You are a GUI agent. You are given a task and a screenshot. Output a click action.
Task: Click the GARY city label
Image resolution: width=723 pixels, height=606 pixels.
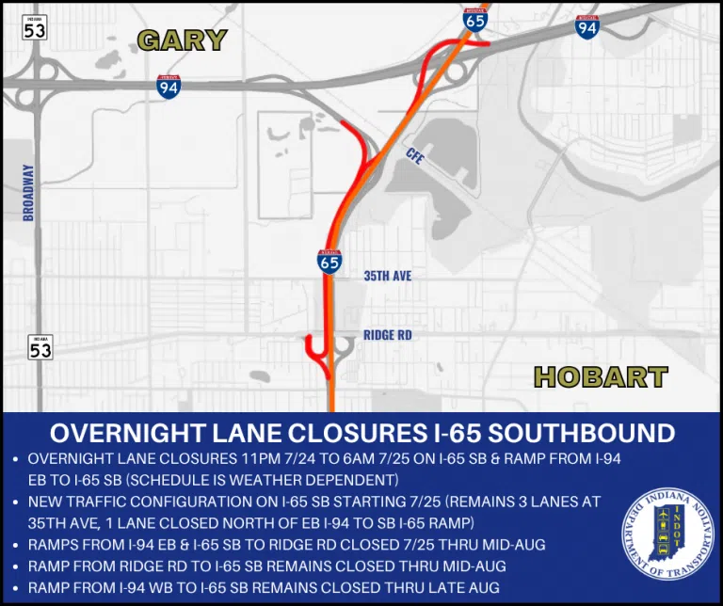(183, 40)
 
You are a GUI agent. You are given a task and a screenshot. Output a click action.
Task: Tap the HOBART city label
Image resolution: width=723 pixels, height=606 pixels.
(601, 377)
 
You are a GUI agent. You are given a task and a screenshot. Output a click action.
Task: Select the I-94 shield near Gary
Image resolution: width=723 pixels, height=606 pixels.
(169, 87)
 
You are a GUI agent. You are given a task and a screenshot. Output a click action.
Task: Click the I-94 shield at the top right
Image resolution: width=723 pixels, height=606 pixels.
(587, 26)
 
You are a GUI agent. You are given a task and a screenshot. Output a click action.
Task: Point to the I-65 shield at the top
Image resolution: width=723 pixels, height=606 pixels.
(475, 19)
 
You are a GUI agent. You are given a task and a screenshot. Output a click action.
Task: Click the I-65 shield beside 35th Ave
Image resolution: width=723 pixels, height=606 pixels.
(329, 263)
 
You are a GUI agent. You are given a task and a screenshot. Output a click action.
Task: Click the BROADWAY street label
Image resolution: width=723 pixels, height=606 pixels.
(28, 193)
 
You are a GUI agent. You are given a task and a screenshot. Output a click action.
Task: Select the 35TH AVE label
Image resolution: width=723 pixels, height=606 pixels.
(387, 276)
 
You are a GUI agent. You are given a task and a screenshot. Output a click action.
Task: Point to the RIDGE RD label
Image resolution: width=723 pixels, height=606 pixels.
(389, 335)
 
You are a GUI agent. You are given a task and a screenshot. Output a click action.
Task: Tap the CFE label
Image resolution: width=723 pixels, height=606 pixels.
(415, 156)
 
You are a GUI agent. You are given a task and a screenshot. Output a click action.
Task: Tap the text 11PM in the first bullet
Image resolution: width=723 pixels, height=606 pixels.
(254, 458)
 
